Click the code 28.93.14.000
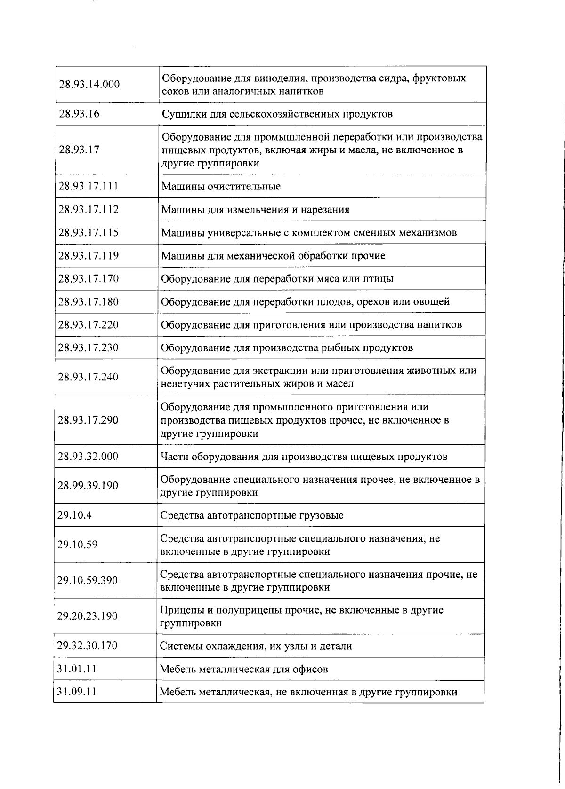[89, 85]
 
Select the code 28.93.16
[79, 114]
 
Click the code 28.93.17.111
[88, 186]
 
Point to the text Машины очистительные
[221, 187]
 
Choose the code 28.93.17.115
[88, 233]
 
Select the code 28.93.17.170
[88, 279]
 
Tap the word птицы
[378, 279]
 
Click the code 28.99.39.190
[88, 486]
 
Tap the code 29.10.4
[74, 515]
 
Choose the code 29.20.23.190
[87, 616]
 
